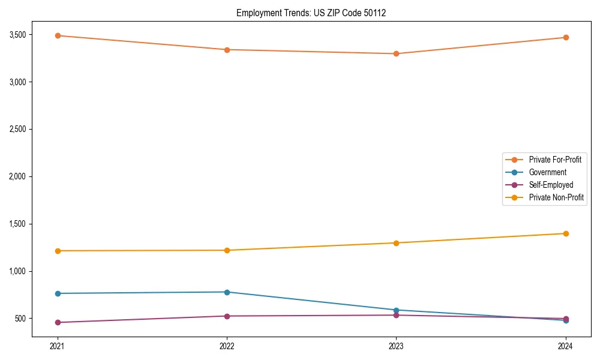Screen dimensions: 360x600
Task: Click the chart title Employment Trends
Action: (x=311, y=13)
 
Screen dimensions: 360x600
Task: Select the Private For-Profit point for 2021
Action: (x=58, y=35)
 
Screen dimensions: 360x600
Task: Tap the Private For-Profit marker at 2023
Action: (x=396, y=53)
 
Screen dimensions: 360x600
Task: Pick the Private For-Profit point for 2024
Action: (x=565, y=37)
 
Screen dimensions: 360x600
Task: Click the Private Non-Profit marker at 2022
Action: (x=227, y=250)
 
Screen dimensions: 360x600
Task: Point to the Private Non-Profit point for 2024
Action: (x=565, y=233)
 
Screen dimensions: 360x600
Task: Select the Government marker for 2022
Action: (x=227, y=292)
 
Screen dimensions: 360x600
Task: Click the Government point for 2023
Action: (x=396, y=310)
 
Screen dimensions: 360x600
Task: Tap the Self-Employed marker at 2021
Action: (x=58, y=322)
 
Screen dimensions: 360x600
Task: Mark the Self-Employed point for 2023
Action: (x=396, y=315)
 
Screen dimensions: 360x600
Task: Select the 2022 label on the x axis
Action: (x=227, y=346)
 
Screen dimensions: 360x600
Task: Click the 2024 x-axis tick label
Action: (x=565, y=346)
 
